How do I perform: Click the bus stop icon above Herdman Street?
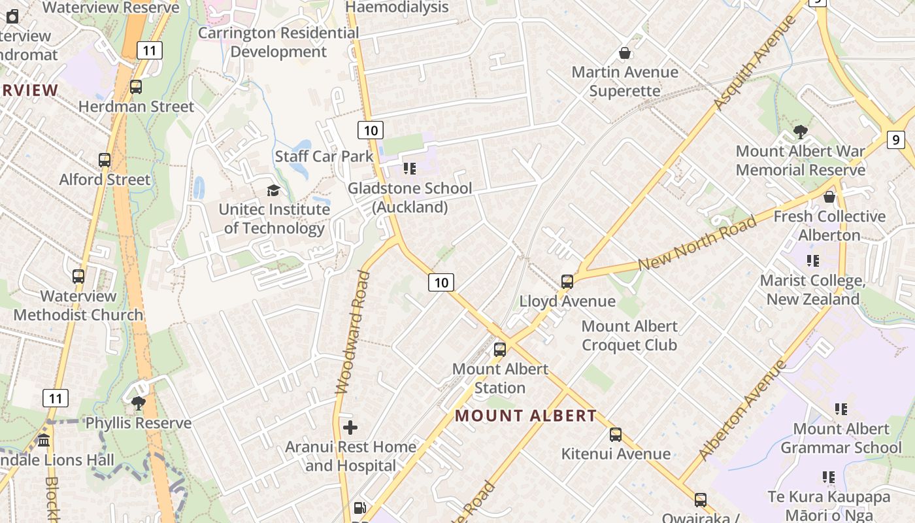[x=136, y=87]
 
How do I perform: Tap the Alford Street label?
[x=105, y=179]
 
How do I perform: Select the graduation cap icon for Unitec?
[x=273, y=190]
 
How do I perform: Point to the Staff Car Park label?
[x=324, y=156]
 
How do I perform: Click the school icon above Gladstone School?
[x=410, y=169]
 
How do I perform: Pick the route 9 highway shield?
[x=895, y=139]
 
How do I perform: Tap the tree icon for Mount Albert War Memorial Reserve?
[x=800, y=132]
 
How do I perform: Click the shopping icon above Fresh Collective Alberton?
[x=829, y=197]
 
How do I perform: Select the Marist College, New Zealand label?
[x=812, y=290]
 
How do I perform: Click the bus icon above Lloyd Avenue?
[x=567, y=282]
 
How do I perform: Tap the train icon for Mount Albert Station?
[x=500, y=350]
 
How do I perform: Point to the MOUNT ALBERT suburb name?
[x=525, y=416]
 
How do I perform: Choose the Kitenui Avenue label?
[x=616, y=454]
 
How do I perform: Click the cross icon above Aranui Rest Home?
[x=350, y=428]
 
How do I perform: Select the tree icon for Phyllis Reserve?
[x=138, y=403]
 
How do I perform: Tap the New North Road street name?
[x=697, y=243]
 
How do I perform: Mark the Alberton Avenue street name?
[x=742, y=410]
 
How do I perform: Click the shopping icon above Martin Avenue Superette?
[x=625, y=53]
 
